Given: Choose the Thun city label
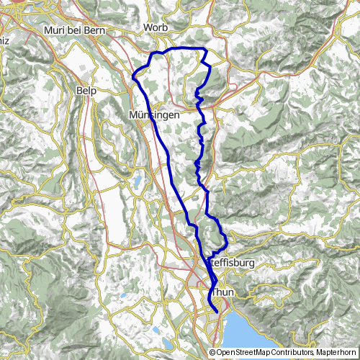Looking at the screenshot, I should [x=224, y=293].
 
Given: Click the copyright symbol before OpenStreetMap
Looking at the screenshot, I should [x=213, y=353].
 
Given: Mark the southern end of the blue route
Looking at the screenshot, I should [x=217, y=310].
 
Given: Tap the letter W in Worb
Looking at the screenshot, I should [x=148, y=27].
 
